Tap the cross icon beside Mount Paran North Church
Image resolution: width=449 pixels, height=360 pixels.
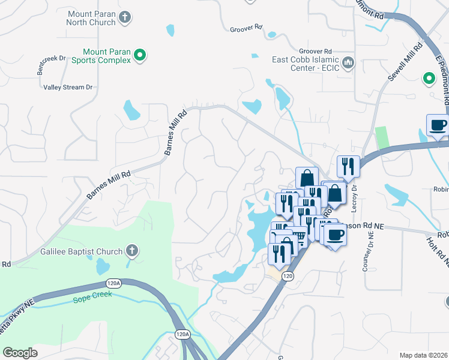click(125, 17)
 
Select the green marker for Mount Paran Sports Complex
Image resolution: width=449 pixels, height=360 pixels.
click(140, 56)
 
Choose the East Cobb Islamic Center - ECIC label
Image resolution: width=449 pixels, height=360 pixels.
click(306, 63)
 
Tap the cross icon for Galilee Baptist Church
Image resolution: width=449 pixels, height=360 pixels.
click(132, 251)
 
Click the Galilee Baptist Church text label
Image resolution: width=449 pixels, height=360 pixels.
click(81, 251)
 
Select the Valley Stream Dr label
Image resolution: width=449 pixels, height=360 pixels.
click(68, 87)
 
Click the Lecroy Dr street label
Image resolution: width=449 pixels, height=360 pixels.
click(354, 195)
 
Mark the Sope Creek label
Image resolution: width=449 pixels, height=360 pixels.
click(92, 299)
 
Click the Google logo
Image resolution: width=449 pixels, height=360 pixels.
click(20, 352)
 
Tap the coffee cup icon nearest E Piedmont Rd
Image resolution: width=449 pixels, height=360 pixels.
click(438, 125)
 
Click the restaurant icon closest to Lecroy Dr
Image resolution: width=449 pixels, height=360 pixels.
click(348, 165)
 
